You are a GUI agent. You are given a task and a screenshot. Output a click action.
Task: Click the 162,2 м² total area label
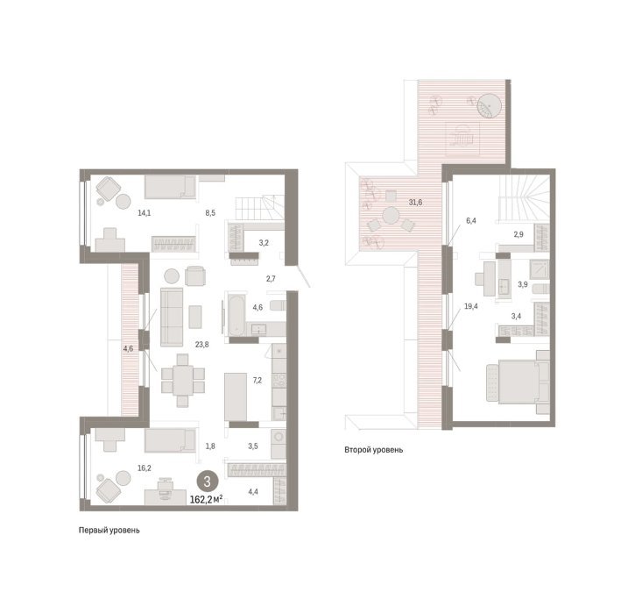click(x=206, y=499)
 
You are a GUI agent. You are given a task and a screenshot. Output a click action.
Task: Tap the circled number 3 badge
click(x=208, y=482)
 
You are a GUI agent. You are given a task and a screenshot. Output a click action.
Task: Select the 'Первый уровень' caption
click(x=109, y=530)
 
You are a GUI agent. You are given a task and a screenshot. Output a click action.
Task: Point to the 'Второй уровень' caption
click(x=373, y=450)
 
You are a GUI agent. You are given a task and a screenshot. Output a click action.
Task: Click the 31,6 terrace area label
click(x=415, y=202)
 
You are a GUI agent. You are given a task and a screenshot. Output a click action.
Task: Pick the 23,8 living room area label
click(x=201, y=345)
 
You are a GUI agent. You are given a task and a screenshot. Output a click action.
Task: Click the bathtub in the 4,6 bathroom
click(x=236, y=315)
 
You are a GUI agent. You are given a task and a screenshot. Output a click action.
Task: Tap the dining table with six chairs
click(x=183, y=381)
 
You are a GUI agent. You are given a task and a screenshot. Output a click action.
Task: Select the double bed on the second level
click(x=518, y=382)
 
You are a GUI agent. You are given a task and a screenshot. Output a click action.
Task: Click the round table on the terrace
click(x=392, y=216)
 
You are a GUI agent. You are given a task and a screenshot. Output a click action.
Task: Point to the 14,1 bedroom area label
click(x=145, y=213)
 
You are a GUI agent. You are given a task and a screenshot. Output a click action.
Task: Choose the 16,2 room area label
click(x=145, y=468)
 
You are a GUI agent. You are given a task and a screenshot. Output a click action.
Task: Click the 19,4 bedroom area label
click(x=471, y=306)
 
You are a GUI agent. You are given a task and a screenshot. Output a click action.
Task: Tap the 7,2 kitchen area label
click(x=258, y=381)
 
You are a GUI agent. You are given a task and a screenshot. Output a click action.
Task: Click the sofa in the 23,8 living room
click(x=172, y=318)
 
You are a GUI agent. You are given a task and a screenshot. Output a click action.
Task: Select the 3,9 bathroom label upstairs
click(x=522, y=284)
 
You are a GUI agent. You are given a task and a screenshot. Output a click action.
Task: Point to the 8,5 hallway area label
click(x=210, y=213)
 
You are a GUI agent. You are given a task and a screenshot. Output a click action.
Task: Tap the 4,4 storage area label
click(x=253, y=492)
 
